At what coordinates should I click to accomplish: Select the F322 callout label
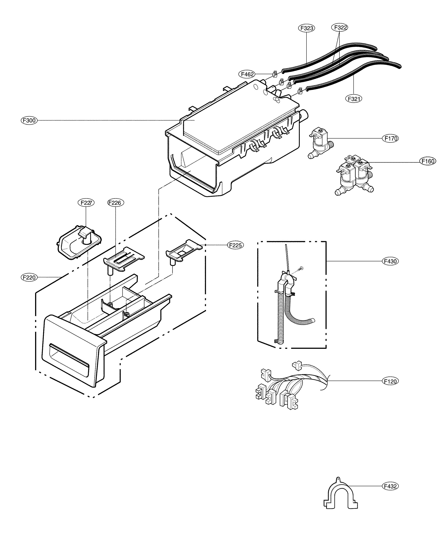pos(340,27)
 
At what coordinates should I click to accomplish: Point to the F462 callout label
pos(247,74)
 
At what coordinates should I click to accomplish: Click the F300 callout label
pos(29,120)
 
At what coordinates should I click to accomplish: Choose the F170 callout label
pos(391,138)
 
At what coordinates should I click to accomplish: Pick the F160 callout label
pos(428,161)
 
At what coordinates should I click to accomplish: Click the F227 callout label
pos(86,203)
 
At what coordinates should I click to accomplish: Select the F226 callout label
pos(116,203)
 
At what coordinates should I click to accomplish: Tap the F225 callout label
pos(235,245)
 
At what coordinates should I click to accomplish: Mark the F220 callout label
pos(29,277)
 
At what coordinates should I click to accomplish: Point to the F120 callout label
pos(390,388)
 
